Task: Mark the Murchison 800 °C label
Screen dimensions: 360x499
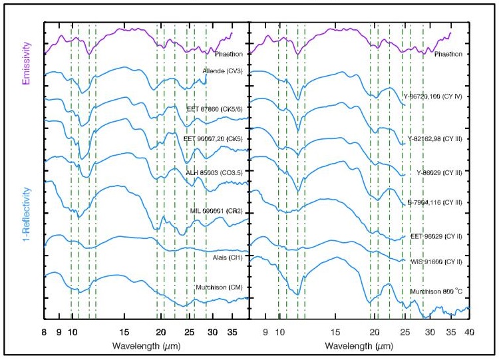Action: (440, 291)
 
